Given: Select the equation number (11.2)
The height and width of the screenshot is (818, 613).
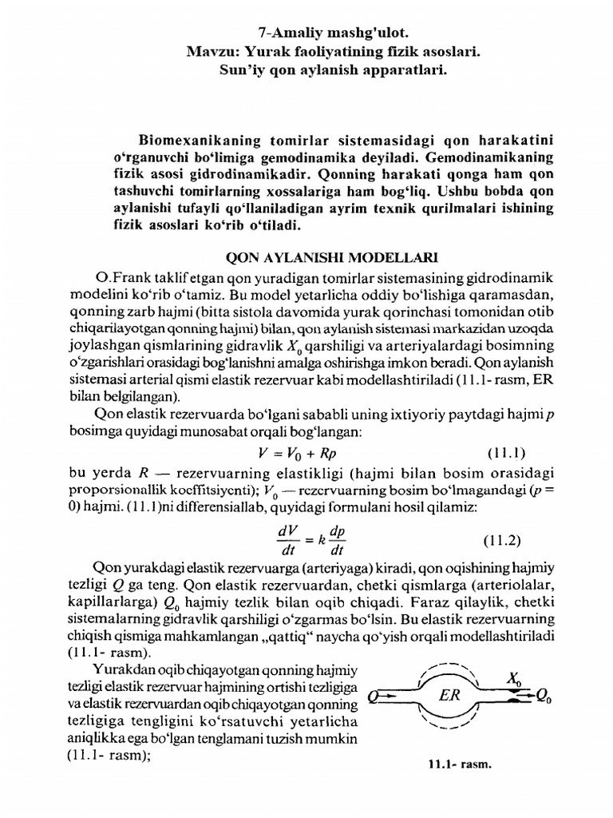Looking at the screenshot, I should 502,540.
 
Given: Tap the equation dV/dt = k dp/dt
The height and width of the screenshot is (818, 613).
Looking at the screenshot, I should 306,540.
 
